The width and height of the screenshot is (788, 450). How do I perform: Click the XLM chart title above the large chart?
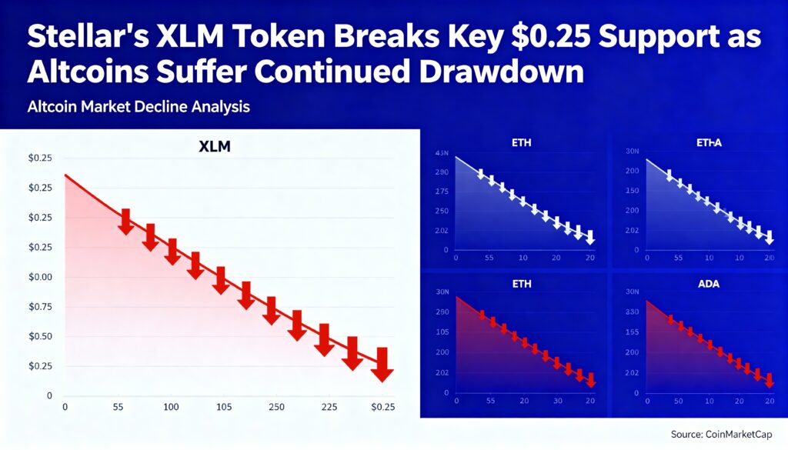[215, 146]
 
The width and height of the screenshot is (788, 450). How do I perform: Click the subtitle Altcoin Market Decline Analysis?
[139, 107]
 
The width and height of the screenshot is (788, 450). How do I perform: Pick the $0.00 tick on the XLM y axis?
[39, 277]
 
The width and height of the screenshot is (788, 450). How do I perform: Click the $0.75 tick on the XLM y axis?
[39, 307]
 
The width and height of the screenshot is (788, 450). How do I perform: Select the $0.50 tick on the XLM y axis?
[39, 337]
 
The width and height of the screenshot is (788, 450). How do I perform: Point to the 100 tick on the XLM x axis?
[171, 407]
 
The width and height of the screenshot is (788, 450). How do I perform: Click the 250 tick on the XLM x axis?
[276, 407]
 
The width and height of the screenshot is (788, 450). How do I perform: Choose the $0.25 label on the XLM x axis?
[382, 407]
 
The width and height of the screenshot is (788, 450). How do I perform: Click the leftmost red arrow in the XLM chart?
[126, 222]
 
